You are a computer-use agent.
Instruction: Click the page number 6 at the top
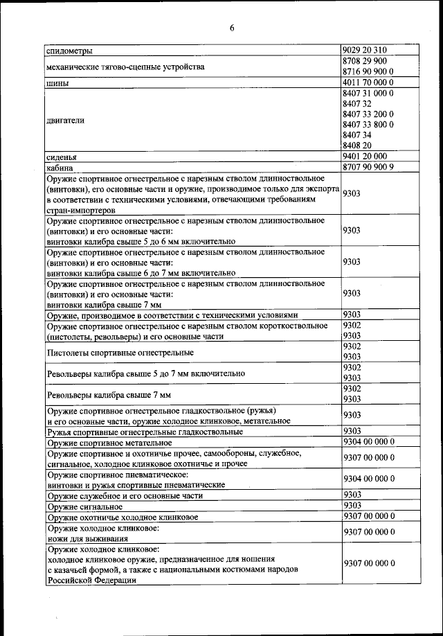[x=232, y=28]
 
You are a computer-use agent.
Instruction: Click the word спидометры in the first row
[x=70, y=50]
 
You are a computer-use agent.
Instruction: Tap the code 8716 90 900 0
[x=368, y=71]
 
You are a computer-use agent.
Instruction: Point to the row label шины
[x=56, y=83]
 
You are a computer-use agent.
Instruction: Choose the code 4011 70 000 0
[x=368, y=82]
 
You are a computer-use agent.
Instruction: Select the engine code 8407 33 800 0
[x=368, y=124]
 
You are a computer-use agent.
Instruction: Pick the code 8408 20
[x=358, y=145]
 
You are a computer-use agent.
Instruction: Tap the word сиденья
[x=62, y=157]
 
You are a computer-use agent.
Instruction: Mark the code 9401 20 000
[x=364, y=156]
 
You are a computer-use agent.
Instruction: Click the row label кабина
[x=60, y=167]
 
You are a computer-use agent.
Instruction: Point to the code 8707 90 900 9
[x=368, y=167]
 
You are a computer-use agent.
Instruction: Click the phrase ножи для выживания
[x=87, y=537]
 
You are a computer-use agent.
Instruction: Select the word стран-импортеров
[x=80, y=209]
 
